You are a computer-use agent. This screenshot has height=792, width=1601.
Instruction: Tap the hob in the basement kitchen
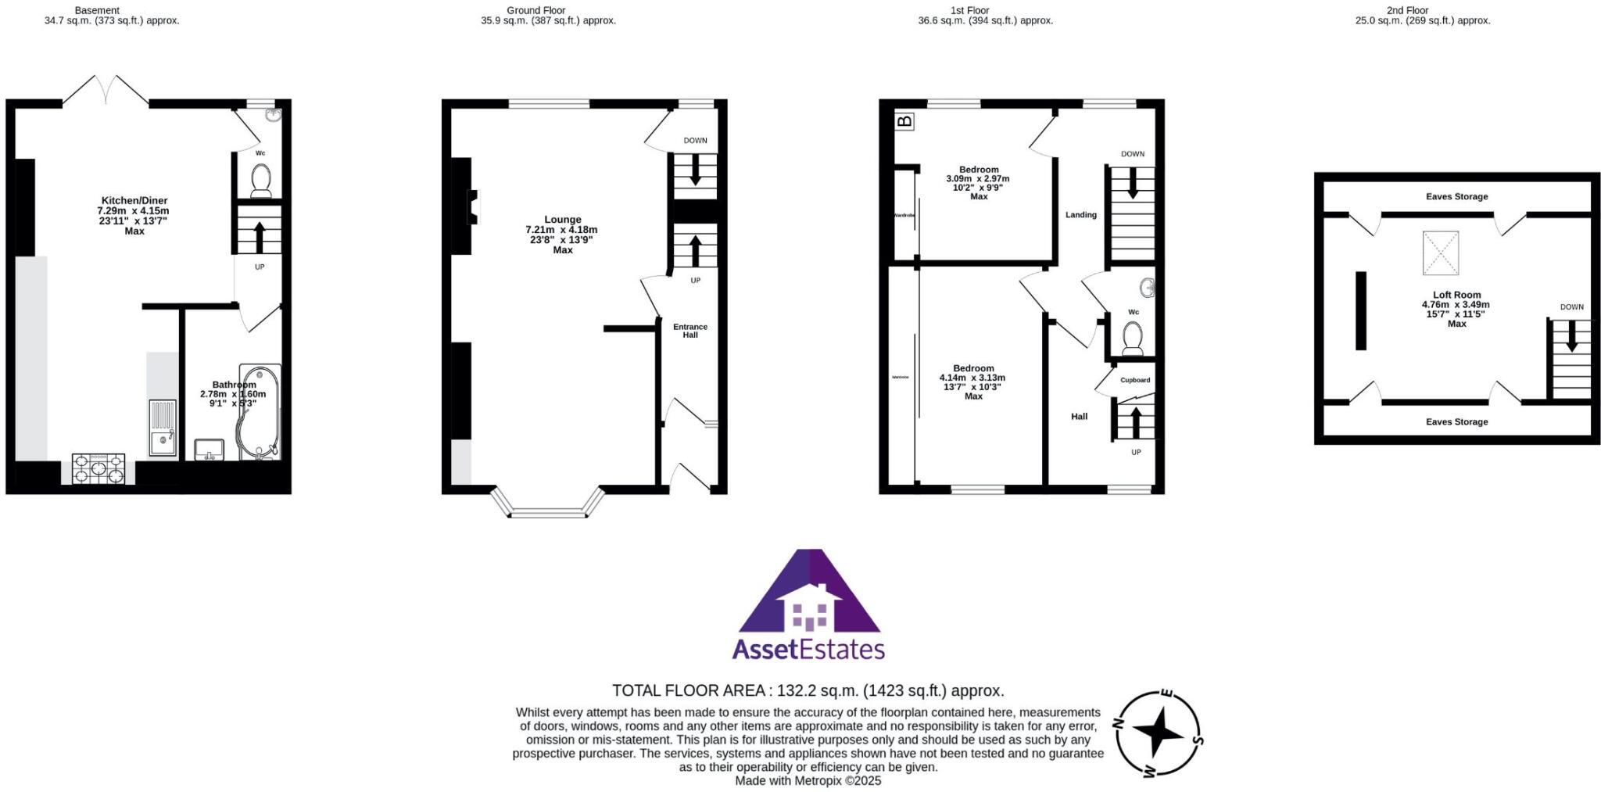98,469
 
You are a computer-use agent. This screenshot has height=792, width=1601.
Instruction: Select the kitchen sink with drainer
163,428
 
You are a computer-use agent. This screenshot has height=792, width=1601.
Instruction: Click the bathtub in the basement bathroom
259,411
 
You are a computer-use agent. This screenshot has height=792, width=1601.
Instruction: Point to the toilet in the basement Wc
260,180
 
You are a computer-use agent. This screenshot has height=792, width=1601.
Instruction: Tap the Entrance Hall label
690,331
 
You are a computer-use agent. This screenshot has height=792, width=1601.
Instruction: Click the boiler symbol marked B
904,121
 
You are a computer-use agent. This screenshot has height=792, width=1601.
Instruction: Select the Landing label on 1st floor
1081,215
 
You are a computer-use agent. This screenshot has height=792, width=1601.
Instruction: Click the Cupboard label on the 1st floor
1135,380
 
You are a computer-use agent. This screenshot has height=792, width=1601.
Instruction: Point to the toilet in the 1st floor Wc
1132,339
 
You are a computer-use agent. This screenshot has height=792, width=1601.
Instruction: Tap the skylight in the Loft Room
1440,253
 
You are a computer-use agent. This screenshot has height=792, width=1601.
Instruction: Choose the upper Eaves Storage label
1456,197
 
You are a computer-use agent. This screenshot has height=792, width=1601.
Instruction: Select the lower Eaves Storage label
1456,422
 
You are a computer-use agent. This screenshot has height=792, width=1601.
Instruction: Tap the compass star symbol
1159,733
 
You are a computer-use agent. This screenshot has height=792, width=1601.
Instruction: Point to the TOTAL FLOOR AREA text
808,691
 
